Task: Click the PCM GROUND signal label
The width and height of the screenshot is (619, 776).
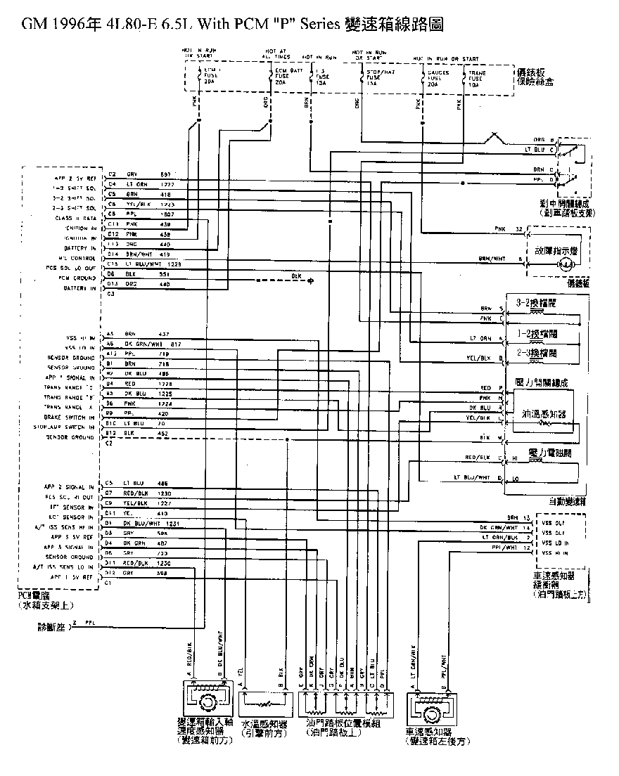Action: click(x=78, y=278)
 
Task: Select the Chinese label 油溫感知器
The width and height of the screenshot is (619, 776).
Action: click(x=541, y=415)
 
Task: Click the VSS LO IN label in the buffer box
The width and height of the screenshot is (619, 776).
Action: click(x=554, y=543)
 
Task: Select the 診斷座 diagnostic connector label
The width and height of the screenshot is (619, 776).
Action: click(x=51, y=625)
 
